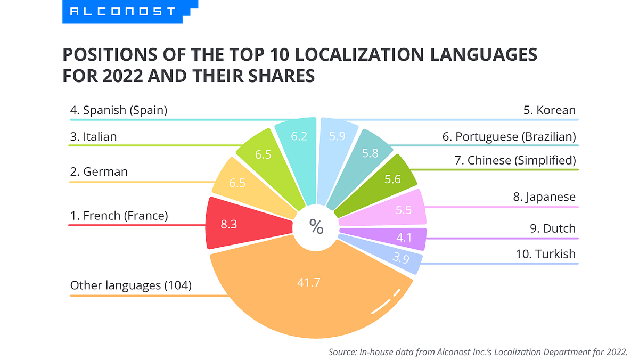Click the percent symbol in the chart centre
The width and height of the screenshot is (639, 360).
point(316,227)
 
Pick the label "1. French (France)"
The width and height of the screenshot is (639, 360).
point(119,216)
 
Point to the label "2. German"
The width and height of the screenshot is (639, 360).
point(99,171)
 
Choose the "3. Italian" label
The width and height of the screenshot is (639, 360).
point(93,136)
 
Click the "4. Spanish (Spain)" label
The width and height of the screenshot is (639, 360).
point(119,110)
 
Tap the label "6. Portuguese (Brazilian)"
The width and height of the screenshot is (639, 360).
point(509,136)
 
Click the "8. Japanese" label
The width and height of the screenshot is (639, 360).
point(544,197)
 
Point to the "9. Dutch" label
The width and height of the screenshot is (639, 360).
point(552,228)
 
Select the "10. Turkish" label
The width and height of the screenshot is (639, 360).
point(546,253)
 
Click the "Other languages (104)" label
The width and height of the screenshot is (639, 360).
point(131,285)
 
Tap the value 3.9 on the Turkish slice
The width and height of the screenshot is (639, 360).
point(400,258)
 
